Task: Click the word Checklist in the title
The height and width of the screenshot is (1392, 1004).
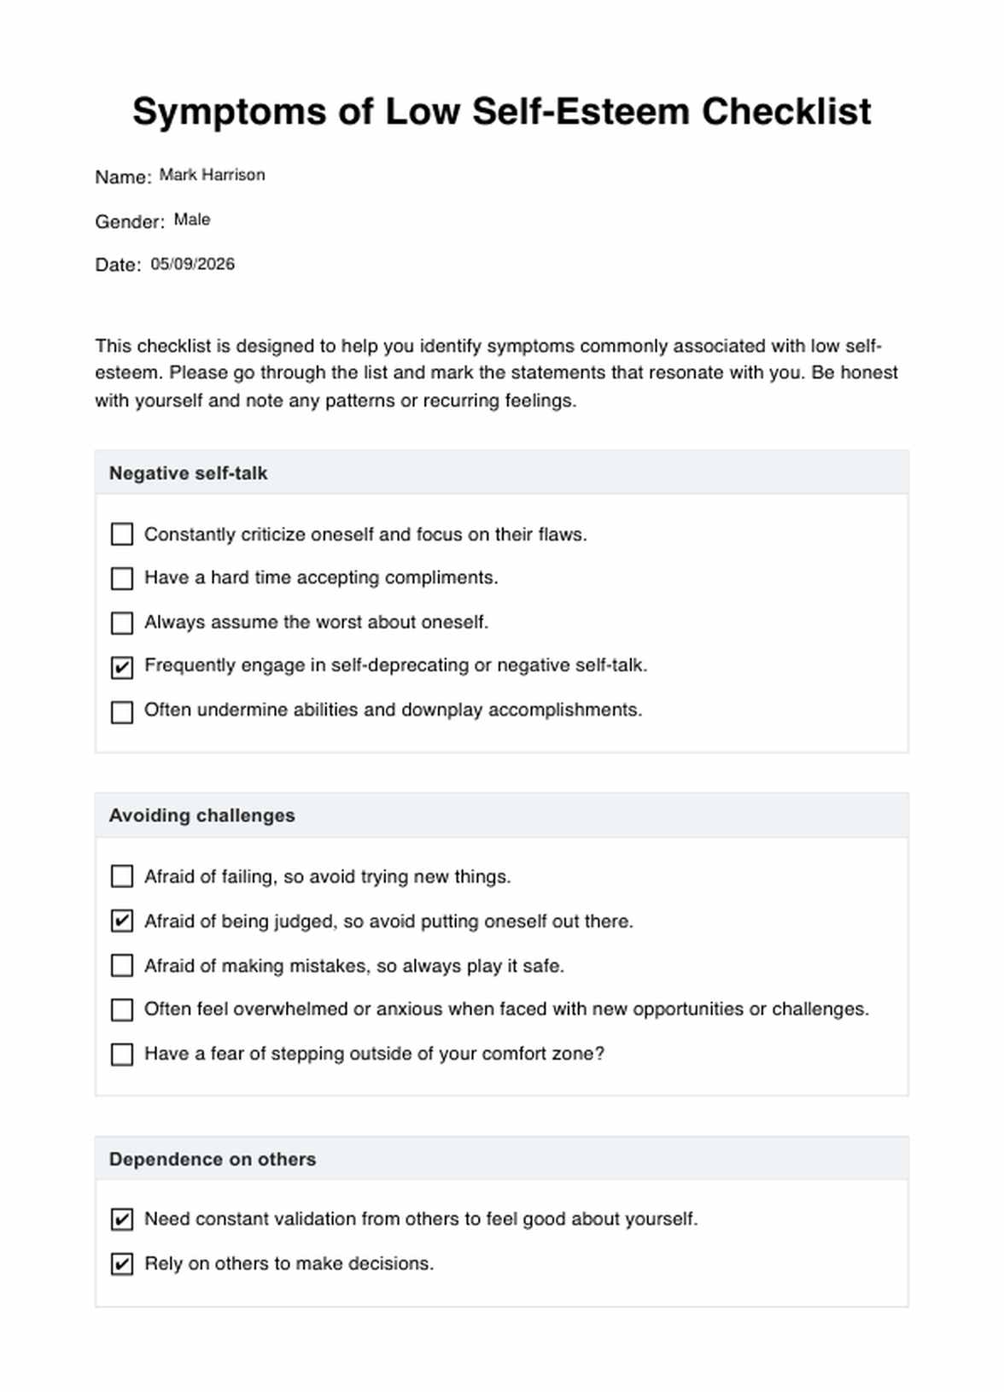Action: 786,112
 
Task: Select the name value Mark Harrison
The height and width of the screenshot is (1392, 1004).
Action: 212,175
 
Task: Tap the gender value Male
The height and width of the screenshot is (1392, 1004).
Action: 192,219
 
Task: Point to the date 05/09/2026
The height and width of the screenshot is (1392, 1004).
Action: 192,264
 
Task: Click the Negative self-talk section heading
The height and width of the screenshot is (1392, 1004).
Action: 188,473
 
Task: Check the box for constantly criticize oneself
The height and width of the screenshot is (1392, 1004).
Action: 122,535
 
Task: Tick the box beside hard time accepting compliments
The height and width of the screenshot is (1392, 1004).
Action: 122,578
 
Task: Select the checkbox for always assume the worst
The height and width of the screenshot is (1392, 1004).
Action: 122,623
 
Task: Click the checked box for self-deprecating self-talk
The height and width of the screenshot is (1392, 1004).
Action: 122,667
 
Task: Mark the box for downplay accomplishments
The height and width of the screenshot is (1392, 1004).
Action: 122,711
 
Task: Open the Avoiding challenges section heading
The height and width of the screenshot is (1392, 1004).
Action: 201,816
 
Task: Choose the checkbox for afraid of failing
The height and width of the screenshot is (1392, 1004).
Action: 122,877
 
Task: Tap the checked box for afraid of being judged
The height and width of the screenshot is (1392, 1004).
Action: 122,921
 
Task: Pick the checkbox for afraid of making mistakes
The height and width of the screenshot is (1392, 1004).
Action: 122,966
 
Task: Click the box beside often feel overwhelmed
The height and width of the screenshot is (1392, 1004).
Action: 122,1010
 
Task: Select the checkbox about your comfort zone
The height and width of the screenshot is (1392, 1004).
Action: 122,1055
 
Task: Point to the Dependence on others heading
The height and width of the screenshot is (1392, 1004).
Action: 212,1159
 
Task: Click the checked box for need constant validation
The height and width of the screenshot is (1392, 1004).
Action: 122,1219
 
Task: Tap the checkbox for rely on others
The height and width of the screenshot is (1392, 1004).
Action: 122,1264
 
